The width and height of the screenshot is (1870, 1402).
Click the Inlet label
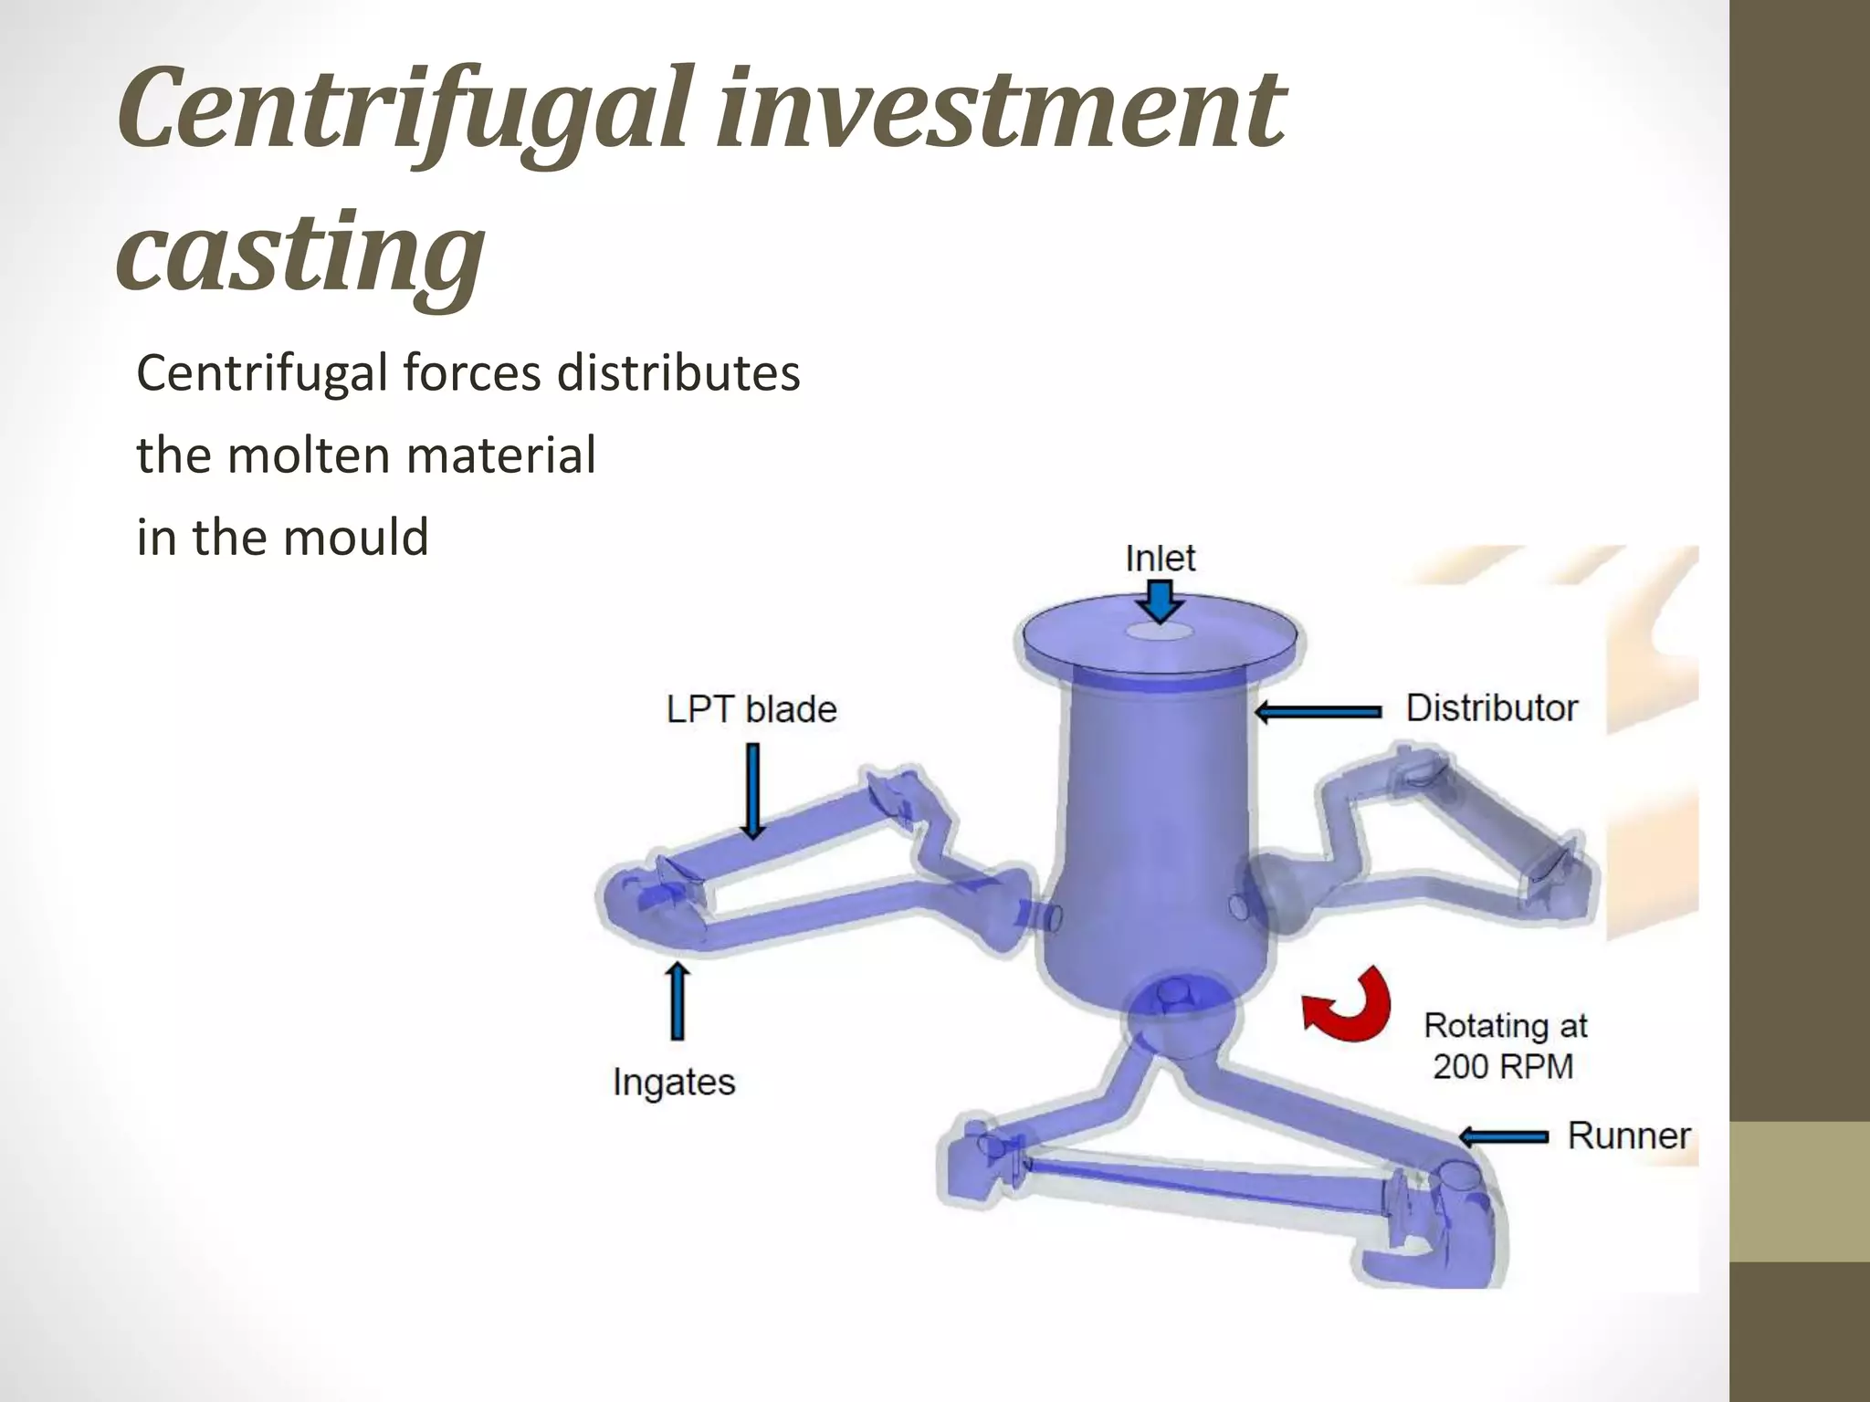click(1160, 558)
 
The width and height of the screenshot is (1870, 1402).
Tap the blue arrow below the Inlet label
click(1161, 602)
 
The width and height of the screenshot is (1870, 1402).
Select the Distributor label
click(1491, 708)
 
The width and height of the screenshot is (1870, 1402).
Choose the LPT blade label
click(751, 709)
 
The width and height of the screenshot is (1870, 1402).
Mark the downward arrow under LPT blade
click(752, 790)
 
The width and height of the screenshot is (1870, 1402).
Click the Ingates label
click(674, 1083)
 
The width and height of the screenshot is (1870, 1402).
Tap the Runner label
click(1629, 1135)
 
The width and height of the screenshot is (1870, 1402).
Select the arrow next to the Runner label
click(1503, 1136)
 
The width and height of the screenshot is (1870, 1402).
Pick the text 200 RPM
click(1503, 1066)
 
